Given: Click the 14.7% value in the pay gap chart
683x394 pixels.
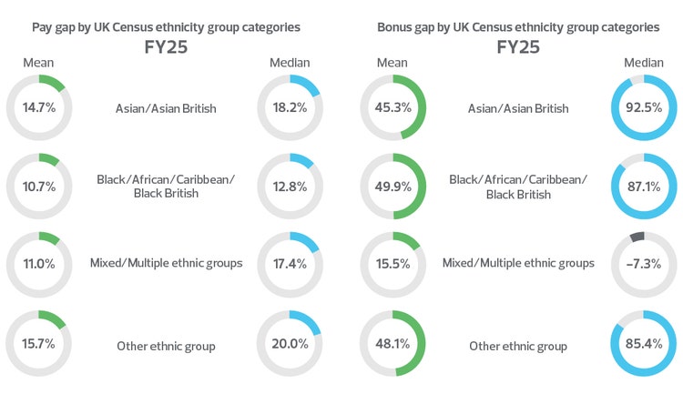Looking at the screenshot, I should pos(38,108).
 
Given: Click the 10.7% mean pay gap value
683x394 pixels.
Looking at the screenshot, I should pos(38,187).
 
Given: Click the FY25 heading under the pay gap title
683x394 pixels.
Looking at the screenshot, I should pos(165,47).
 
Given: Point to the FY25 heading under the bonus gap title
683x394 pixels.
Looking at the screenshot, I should pos(518,47).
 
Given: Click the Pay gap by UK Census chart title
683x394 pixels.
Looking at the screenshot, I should pos(165,27).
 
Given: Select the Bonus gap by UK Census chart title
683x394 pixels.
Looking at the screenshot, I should pos(518,27).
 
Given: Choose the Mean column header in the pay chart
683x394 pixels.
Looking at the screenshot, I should pos(38,63).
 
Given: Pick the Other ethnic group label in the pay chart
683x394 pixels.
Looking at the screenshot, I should pos(165,346).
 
